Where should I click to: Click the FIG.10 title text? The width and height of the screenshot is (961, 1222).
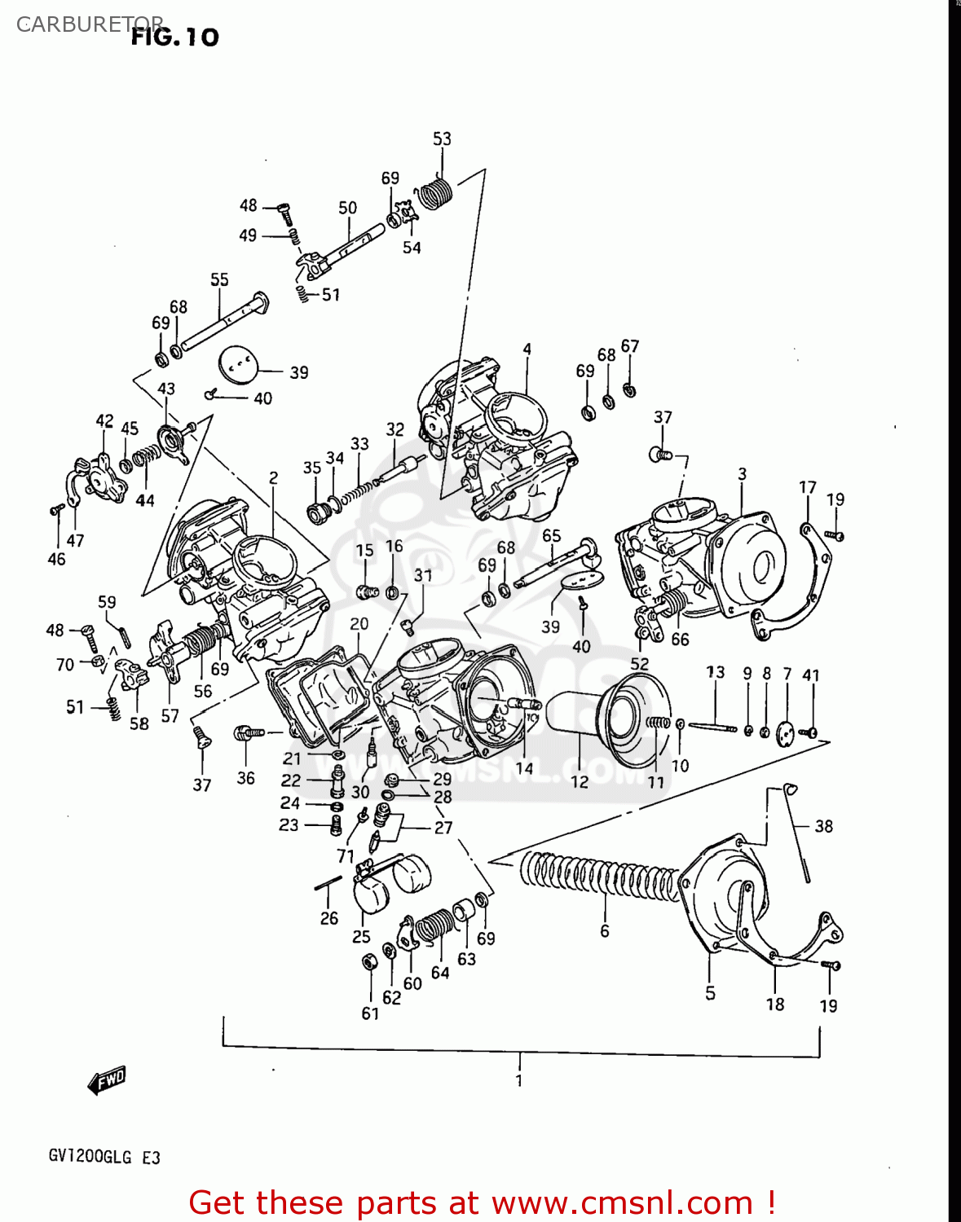174,37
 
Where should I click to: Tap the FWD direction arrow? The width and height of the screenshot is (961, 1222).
107,1080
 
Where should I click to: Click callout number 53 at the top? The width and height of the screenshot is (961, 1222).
442,139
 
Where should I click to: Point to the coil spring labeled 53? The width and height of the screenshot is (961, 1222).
435,194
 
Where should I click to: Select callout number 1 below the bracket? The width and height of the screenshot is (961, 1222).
519,1080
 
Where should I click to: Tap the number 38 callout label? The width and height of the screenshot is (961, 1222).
823,826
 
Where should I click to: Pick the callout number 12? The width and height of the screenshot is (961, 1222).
579,781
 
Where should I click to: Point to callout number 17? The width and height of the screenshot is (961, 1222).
807,487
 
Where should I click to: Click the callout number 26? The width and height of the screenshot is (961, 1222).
328,918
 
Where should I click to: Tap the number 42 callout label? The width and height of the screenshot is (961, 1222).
104,420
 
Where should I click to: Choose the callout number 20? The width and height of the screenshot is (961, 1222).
359,624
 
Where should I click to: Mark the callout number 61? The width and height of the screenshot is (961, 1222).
370,1013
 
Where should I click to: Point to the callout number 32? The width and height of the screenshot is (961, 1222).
395,429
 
